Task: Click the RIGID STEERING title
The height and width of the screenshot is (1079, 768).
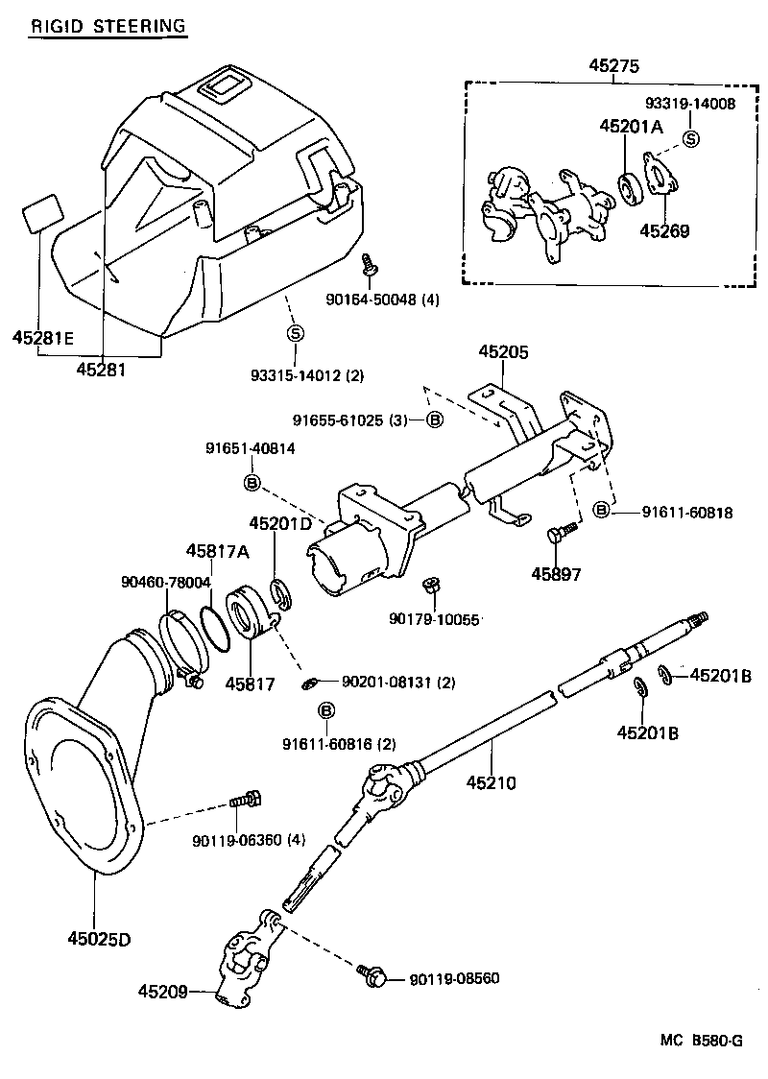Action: pos(107,26)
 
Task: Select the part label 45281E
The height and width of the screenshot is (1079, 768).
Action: pos(43,337)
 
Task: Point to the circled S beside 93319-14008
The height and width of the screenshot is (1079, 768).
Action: pos(690,140)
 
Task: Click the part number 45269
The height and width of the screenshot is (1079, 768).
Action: pos(664,230)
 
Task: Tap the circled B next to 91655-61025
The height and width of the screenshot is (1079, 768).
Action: pos(434,420)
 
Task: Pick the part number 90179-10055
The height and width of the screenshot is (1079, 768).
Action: pos(434,620)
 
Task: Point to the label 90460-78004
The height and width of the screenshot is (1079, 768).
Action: pos(166,582)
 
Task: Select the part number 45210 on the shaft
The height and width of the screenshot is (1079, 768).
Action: pos(491,782)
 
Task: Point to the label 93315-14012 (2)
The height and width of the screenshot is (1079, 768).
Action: pos(308,374)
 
